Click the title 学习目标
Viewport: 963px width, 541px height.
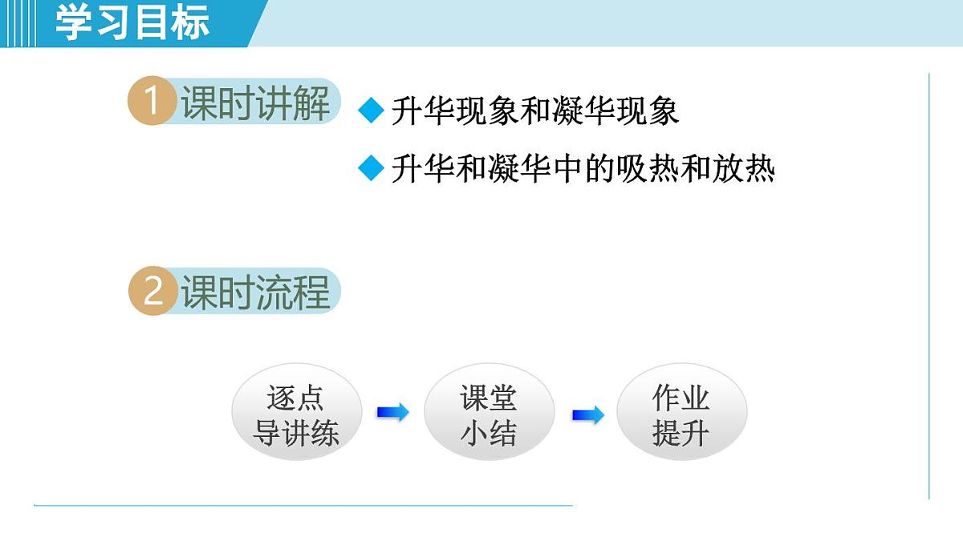pyautogui.click(x=132, y=22)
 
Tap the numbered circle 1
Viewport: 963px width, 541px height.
pyautogui.click(x=152, y=103)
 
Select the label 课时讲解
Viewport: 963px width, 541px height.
pyautogui.click(x=255, y=103)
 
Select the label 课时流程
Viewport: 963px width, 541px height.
pyautogui.click(x=255, y=292)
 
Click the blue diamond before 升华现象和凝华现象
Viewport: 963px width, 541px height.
pyautogui.click(x=372, y=111)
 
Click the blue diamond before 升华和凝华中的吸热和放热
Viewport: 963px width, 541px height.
pyautogui.click(x=372, y=169)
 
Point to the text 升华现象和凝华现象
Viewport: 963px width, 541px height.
pyautogui.click(x=535, y=111)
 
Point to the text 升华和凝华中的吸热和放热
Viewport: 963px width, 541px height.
pyautogui.click(x=583, y=170)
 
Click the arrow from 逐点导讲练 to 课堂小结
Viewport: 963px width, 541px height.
pyautogui.click(x=392, y=413)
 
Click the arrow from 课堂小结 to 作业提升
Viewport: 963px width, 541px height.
pyautogui.click(x=588, y=415)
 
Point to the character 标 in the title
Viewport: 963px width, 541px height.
pyautogui.click(x=191, y=22)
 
